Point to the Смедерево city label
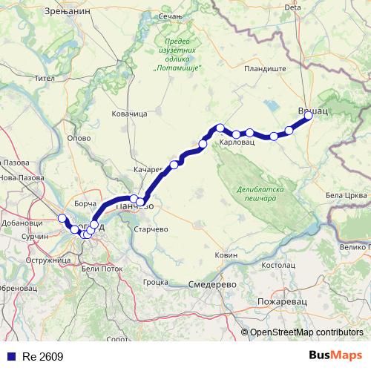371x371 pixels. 212,284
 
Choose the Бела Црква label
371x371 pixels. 345,195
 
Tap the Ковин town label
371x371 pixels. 226,255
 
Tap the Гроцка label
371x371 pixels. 157,282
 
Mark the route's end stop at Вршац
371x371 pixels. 309,115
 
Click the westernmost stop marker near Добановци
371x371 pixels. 62,218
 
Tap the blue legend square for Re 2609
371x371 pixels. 10,356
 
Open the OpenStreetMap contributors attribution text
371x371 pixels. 306,332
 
